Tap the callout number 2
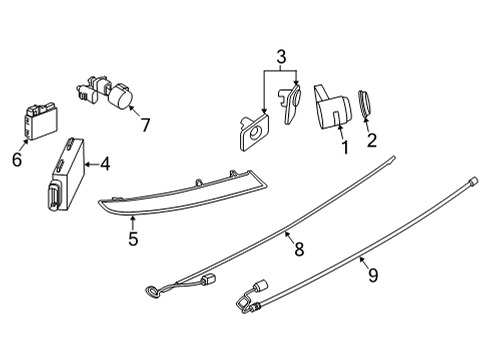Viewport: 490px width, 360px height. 373,141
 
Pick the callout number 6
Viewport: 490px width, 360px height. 17,158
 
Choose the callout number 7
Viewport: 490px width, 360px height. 145,125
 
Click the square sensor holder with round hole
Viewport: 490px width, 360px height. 254,130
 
